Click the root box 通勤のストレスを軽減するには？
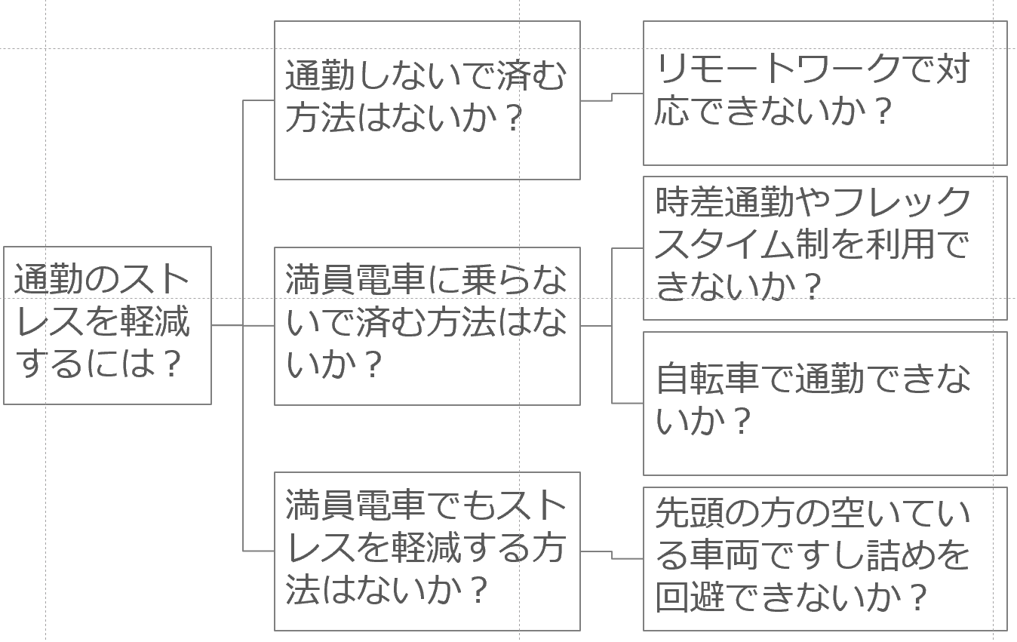108,325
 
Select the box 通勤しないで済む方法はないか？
427,100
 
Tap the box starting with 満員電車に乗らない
427,326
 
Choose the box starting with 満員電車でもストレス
427,551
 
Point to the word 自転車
707,378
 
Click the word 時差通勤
724,201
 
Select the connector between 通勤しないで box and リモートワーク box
612,97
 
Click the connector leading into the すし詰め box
612,554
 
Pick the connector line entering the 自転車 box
628,403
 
